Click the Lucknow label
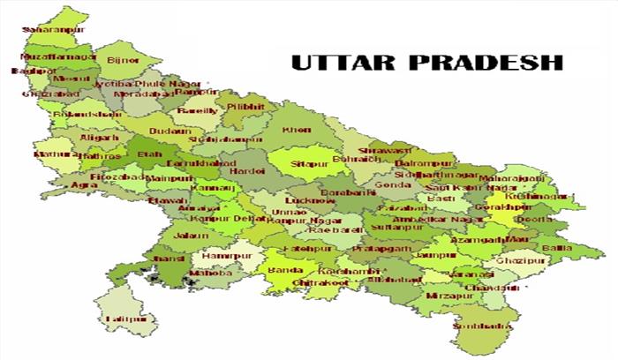(x=310, y=201)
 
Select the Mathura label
(x=51, y=154)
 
